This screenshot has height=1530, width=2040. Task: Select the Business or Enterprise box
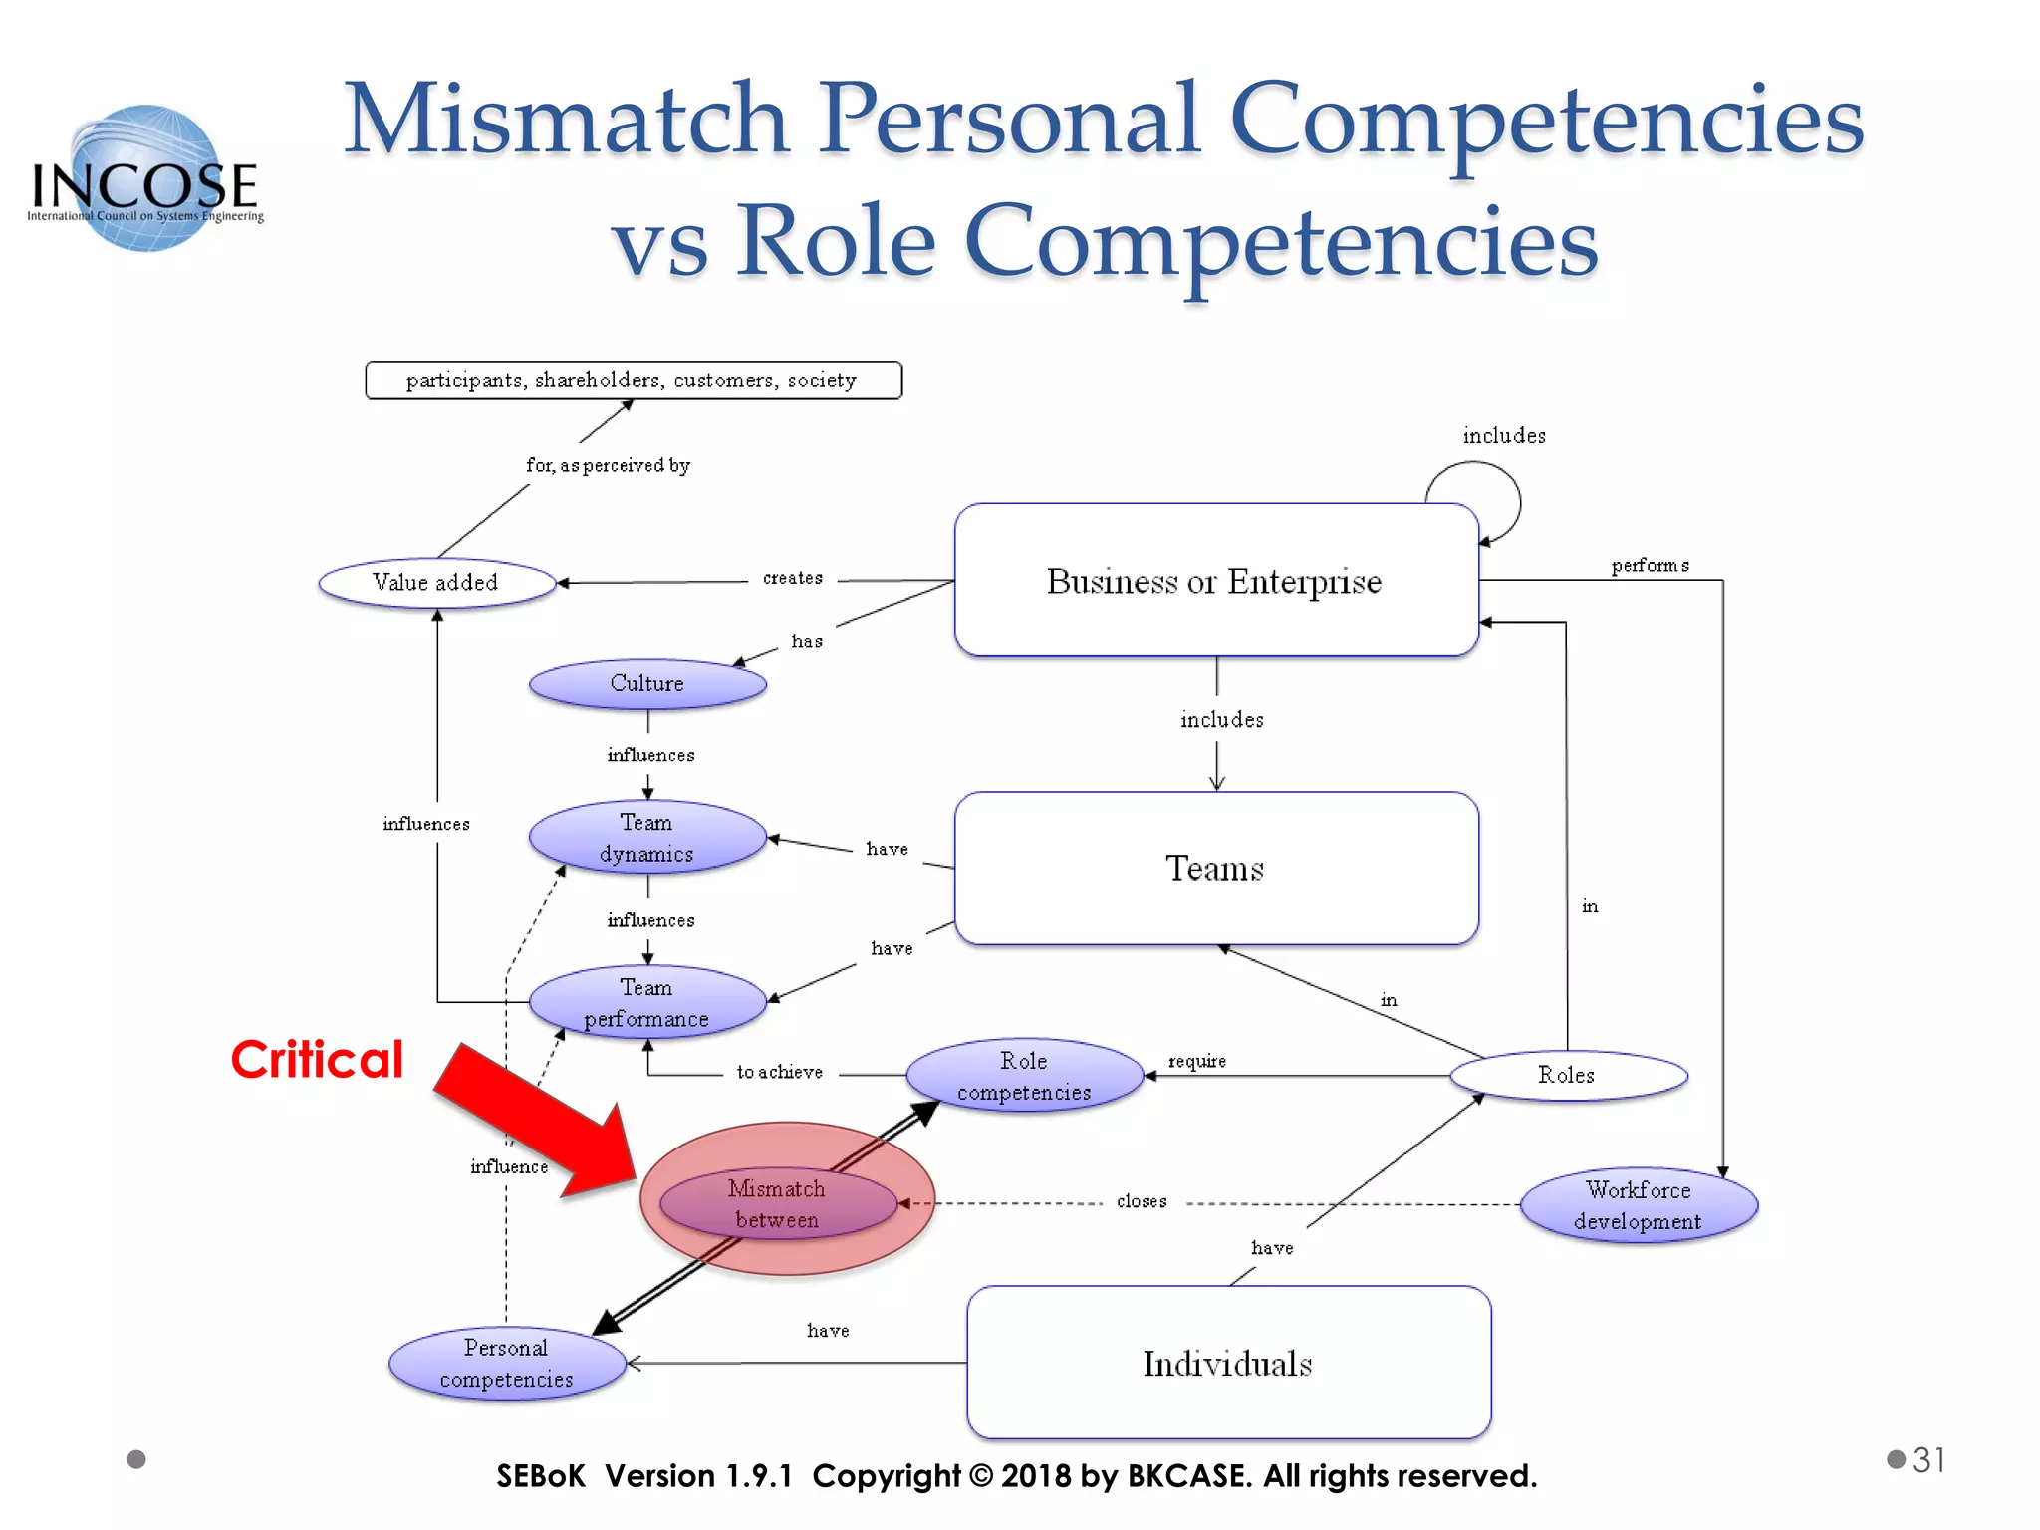coord(1215,581)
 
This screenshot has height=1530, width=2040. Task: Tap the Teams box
coord(1215,869)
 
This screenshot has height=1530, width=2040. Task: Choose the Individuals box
coord(1227,1363)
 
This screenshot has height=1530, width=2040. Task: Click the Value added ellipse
coord(436,583)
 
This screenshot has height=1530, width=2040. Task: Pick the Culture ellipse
coord(647,684)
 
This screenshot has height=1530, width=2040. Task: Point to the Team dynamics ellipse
coord(647,838)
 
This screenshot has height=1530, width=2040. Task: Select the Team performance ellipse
coord(647,1003)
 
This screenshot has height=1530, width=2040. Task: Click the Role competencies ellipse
coord(1024,1076)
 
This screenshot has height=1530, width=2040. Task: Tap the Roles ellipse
coord(1567,1076)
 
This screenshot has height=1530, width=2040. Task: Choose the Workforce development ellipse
coord(1639,1205)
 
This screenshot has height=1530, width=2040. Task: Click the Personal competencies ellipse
coord(506,1364)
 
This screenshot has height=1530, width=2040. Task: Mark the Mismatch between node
coord(778,1204)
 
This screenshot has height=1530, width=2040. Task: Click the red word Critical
coord(317,1059)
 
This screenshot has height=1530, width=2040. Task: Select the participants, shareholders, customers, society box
coord(633,381)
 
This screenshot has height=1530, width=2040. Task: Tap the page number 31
coord(1928,1460)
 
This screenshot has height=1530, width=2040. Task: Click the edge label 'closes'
coord(1142,1202)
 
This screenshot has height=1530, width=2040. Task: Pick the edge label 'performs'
coord(1651,566)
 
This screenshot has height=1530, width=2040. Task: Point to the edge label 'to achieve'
coord(780,1073)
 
